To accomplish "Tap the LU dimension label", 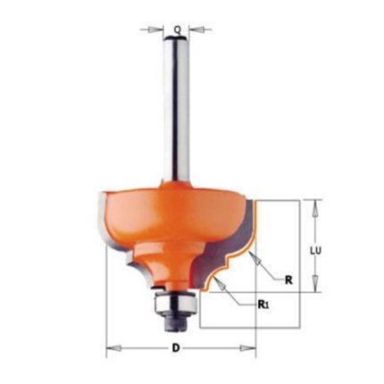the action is pyautogui.click(x=315, y=251).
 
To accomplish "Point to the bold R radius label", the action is pyautogui.click(x=288, y=280).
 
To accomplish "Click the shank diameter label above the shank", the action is pyautogui.click(x=178, y=29).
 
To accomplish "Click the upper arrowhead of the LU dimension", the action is pyautogui.click(x=315, y=208).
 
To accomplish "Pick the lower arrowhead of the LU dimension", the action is pyautogui.click(x=315, y=283).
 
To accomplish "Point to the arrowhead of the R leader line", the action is pyautogui.click(x=255, y=258).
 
